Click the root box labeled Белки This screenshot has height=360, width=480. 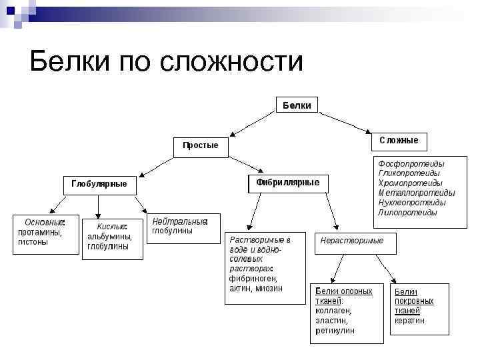297,105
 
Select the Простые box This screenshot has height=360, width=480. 200,146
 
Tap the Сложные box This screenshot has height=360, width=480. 399,141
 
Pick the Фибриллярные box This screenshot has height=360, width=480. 288,183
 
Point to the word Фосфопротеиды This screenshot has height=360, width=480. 411,163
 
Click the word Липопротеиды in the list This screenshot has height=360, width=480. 407,213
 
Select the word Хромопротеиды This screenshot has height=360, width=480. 410,183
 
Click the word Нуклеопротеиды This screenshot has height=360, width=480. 411,203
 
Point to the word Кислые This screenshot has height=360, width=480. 112,227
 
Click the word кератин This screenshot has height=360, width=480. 409,321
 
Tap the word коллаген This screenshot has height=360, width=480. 333,311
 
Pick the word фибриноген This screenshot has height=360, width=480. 253,278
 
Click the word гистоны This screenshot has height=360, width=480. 33,242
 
